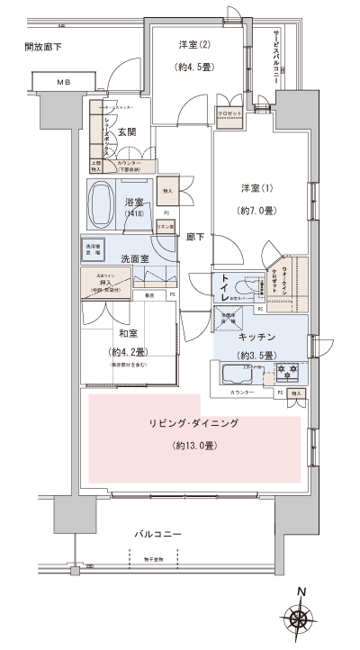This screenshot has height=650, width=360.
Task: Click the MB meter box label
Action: [x=63, y=83]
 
